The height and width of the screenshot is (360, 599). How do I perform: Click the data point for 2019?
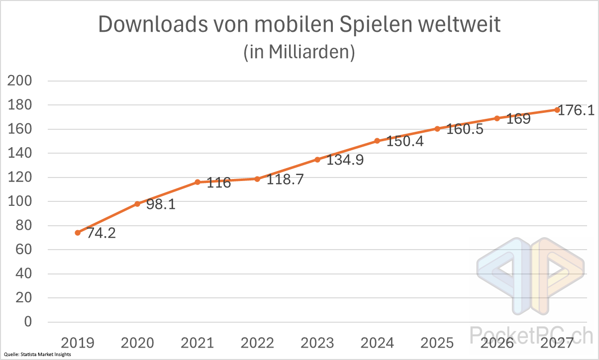pyautogui.click(x=78, y=233)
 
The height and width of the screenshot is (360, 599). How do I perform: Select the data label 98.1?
pyautogui.click(x=161, y=204)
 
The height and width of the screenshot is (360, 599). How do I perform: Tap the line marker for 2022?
pyautogui.click(x=257, y=179)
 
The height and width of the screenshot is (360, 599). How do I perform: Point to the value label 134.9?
pyautogui.click(x=345, y=160)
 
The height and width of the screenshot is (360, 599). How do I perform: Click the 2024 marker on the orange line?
pyautogui.click(x=377, y=141)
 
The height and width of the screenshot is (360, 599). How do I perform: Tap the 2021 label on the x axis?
pyautogui.click(x=197, y=343)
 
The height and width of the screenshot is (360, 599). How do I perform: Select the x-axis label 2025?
pyautogui.click(x=437, y=343)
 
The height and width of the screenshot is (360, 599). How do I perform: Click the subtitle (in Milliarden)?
pyautogui.click(x=299, y=52)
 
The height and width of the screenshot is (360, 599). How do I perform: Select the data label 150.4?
pyautogui.click(x=405, y=141)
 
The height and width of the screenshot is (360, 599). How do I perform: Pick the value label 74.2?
pyautogui.click(x=101, y=233)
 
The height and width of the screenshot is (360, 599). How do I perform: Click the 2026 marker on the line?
pyautogui.click(x=497, y=118)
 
